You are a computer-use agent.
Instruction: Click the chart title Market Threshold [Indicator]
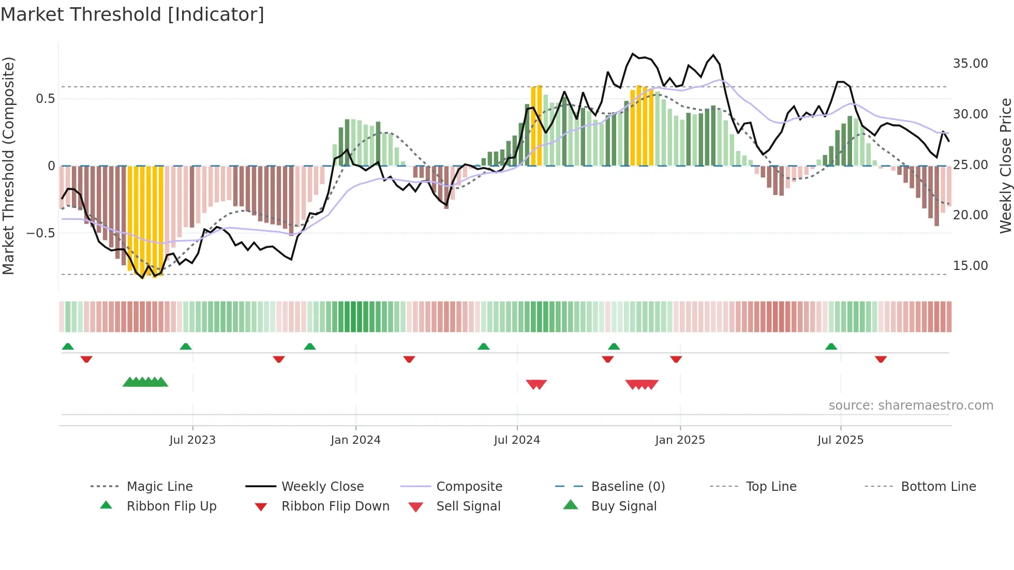[132, 14]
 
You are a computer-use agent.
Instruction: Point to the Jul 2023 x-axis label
[192, 440]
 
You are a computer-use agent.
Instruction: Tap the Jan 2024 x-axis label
[355, 440]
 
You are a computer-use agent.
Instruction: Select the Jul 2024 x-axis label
[517, 440]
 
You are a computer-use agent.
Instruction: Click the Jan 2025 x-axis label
[680, 440]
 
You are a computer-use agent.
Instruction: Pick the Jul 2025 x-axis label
[841, 440]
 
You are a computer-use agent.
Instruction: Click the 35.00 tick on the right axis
[970, 64]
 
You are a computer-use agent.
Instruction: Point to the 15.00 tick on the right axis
[970, 266]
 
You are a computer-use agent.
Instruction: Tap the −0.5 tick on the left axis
[41, 233]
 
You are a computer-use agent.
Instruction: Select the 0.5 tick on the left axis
[45, 99]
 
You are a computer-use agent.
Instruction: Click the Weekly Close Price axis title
[1005, 166]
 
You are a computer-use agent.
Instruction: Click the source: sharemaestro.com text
[911, 406]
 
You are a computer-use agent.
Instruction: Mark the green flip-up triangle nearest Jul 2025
[831, 347]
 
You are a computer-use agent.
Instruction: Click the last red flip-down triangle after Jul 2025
[881, 359]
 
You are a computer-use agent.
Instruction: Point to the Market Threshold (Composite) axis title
[8, 166]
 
